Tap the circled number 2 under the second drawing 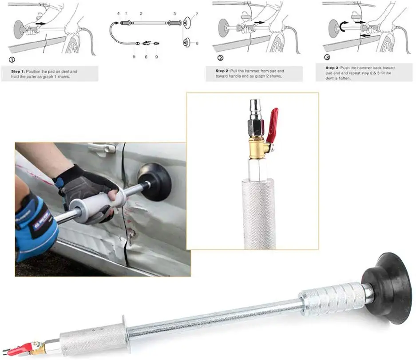pyautogui.click(x=221, y=58)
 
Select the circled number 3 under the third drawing pyautogui.click(x=328, y=57)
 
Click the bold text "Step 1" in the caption pyautogui.click(x=19, y=71)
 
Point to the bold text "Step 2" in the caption pyautogui.click(x=223, y=71)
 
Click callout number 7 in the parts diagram pyautogui.click(x=197, y=15)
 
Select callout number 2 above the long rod pyautogui.click(x=141, y=15)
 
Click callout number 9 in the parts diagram pyautogui.click(x=156, y=56)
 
